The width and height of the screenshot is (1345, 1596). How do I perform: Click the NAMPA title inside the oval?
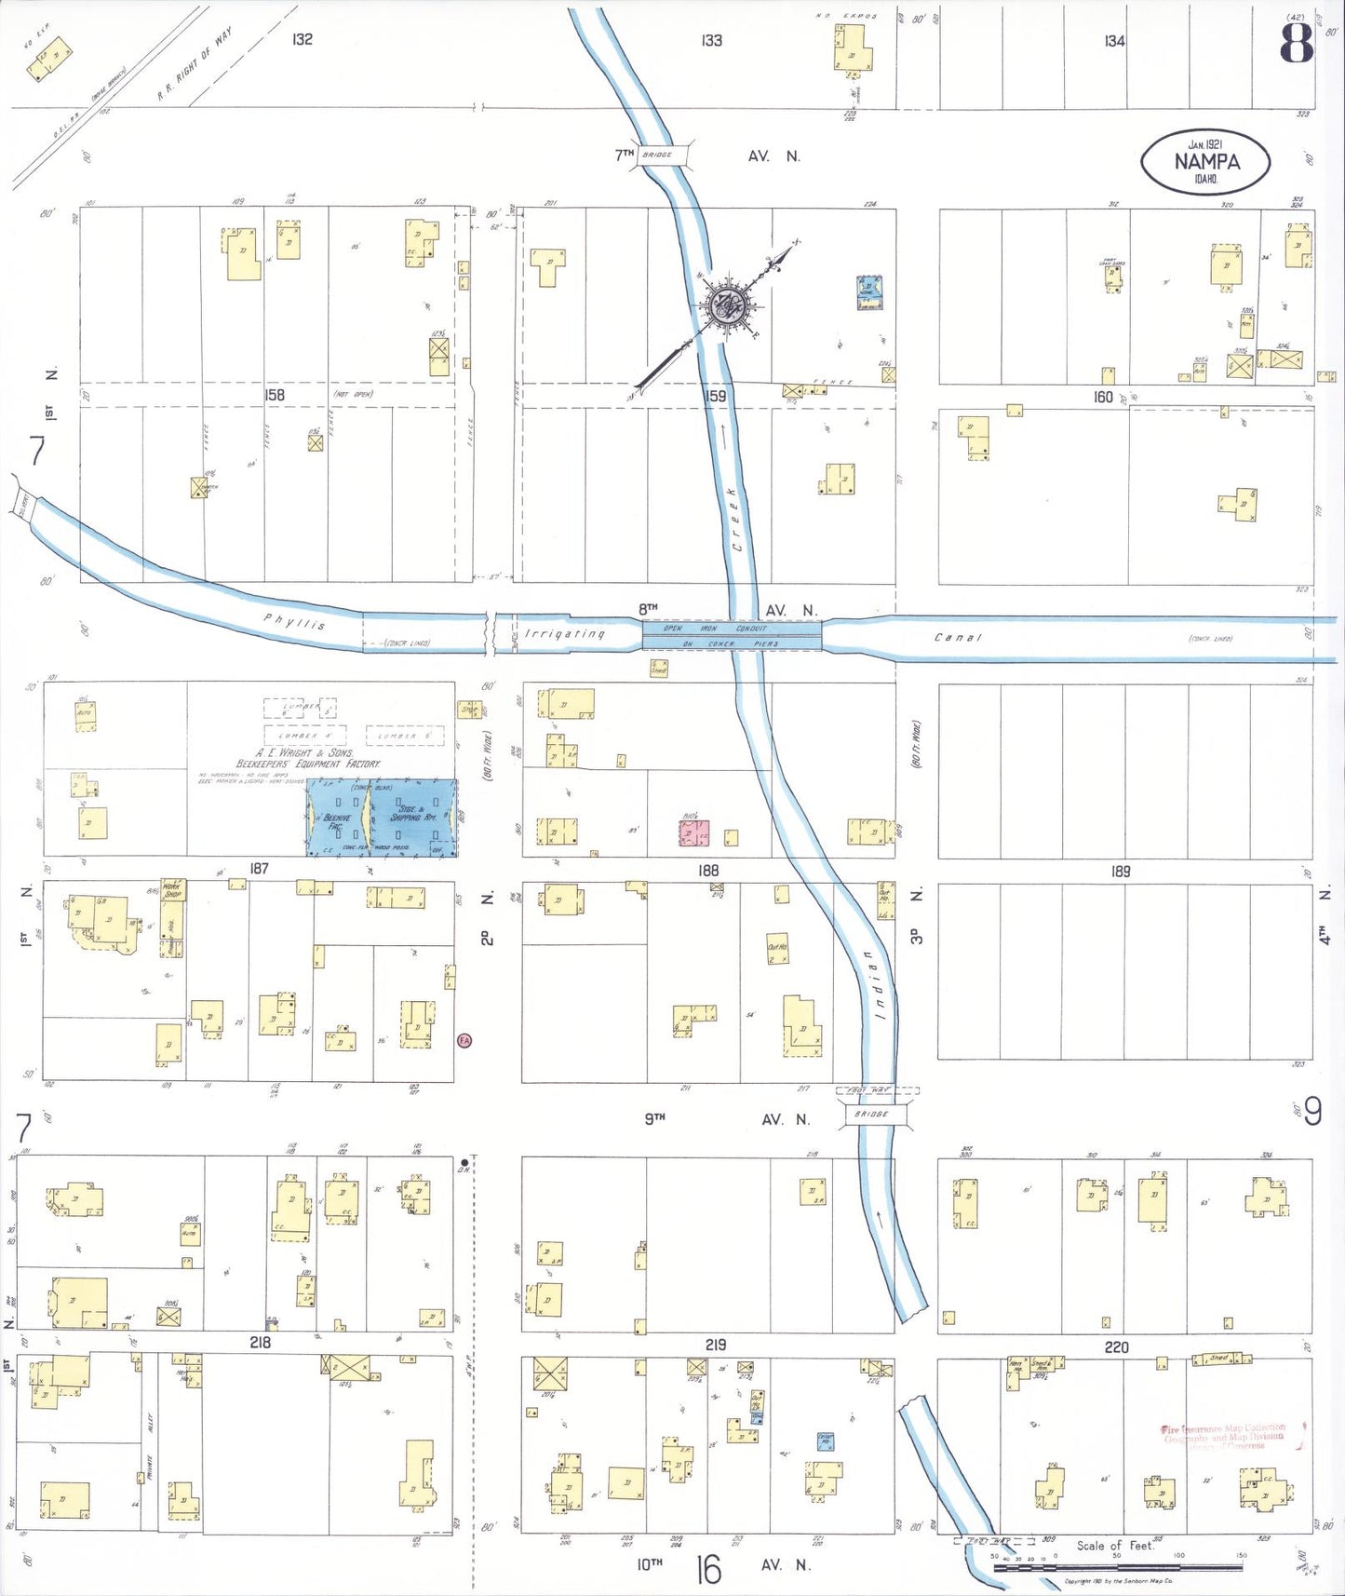(x=1206, y=161)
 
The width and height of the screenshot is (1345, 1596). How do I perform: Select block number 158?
(x=274, y=395)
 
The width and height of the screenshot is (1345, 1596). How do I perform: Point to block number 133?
(x=711, y=40)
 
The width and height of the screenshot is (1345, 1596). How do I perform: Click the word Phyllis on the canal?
(x=294, y=621)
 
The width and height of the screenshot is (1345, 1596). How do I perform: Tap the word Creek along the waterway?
(x=735, y=518)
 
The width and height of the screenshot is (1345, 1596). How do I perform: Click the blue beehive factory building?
(x=382, y=817)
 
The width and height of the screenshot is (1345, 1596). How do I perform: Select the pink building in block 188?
(x=693, y=832)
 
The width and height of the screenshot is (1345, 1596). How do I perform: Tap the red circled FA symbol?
(x=464, y=1040)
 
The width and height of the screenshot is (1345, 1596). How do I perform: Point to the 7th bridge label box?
(x=662, y=155)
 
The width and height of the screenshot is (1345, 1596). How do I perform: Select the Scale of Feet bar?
(x=1117, y=1567)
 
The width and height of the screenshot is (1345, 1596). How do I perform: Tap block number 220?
(x=1116, y=1346)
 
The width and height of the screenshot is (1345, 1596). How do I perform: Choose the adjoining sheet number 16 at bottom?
(x=708, y=1570)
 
